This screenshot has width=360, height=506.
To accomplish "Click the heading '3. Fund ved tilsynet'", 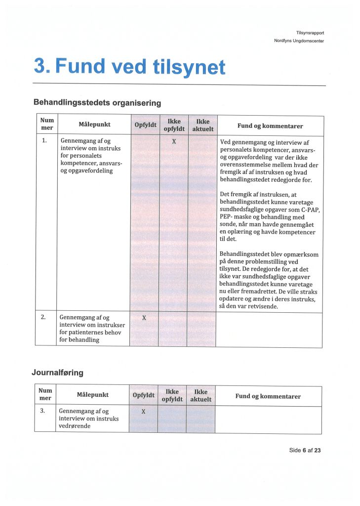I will pyautogui.click(x=129, y=66).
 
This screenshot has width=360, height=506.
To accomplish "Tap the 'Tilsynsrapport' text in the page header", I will pyautogui.click(x=310, y=33).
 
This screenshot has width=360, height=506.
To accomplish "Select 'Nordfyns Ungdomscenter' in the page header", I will pyautogui.click(x=299, y=41).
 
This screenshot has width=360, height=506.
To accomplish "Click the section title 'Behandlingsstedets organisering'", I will pyautogui.click(x=97, y=103).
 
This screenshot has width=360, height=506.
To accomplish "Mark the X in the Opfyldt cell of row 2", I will pyautogui.click(x=144, y=318).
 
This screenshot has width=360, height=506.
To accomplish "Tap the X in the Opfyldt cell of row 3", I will pyautogui.click(x=144, y=412).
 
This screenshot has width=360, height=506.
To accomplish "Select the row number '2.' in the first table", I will pyautogui.click(x=44, y=317).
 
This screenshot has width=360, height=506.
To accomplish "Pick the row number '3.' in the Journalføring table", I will pyautogui.click(x=43, y=411).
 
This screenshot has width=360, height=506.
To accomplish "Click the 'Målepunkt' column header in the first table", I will pyautogui.click(x=94, y=125).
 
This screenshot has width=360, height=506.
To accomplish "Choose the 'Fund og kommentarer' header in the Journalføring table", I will pyautogui.click(x=268, y=396).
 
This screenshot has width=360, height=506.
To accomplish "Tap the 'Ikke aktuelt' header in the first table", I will pyautogui.click(x=202, y=125).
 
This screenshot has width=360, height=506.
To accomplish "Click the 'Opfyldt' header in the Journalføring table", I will pyautogui.click(x=144, y=395).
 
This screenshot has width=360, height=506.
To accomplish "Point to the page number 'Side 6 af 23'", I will pyautogui.click(x=305, y=450).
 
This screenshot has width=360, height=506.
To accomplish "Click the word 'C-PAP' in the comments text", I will pyautogui.click(x=310, y=210).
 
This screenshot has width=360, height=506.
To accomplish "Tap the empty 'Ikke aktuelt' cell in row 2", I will pyautogui.click(x=201, y=329).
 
